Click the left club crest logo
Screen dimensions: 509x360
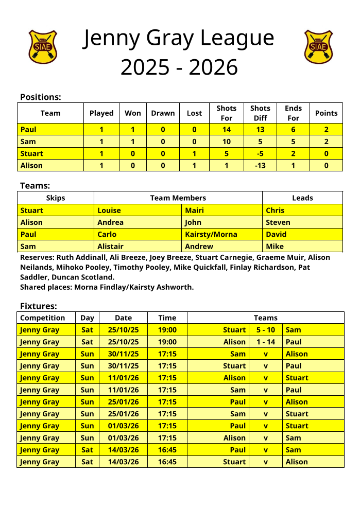(x=43, y=46)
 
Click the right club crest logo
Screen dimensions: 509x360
(x=318, y=46)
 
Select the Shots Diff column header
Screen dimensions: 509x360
(x=260, y=113)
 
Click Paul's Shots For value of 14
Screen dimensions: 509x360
(x=226, y=130)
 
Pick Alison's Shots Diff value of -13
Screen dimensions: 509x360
(x=260, y=165)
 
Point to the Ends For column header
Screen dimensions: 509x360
(x=293, y=113)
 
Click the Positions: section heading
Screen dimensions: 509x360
(x=40, y=97)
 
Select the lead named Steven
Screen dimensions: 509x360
(x=278, y=222)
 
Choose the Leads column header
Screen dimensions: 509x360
(x=302, y=198)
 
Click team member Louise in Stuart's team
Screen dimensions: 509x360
(x=109, y=210)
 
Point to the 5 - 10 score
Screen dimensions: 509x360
(x=265, y=330)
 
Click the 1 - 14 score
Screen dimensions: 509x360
(x=265, y=342)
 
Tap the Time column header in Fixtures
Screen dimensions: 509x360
(x=167, y=318)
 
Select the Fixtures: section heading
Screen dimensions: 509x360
(x=38, y=306)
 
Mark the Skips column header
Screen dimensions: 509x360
(x=56, y=198)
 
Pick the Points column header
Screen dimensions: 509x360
(x=326, y=113)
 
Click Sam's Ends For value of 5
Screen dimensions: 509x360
(x=293, y=142)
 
